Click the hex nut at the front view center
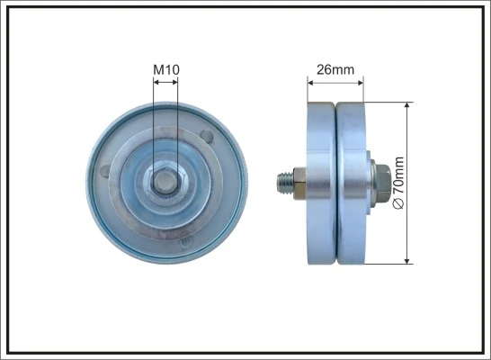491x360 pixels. [166, 183]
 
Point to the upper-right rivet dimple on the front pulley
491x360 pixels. [208, 137]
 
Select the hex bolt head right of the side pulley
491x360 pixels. [379, 184]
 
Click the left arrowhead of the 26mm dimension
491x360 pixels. [311, 81]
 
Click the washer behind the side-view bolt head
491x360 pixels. [369, 184]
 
